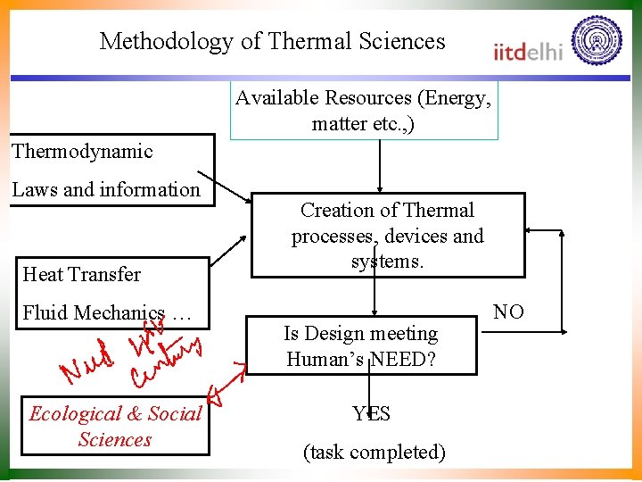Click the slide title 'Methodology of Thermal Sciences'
[x=272, y=41]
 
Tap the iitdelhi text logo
[x=528, y=51]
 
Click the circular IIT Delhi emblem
[x=597, y=41]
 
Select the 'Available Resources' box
[x=363, y=111]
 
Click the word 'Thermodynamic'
[x=82, y=151]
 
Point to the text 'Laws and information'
[x=106, y=189]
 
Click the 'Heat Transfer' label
[x=81, y=274]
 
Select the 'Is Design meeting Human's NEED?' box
[x=361, y=345]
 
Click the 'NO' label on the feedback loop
[x=508, y=312]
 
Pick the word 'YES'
[x=371, y=413]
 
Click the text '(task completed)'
[x=374, y=452]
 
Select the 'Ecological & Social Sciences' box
[x=115, y=427]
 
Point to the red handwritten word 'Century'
[x=167, y=361]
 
